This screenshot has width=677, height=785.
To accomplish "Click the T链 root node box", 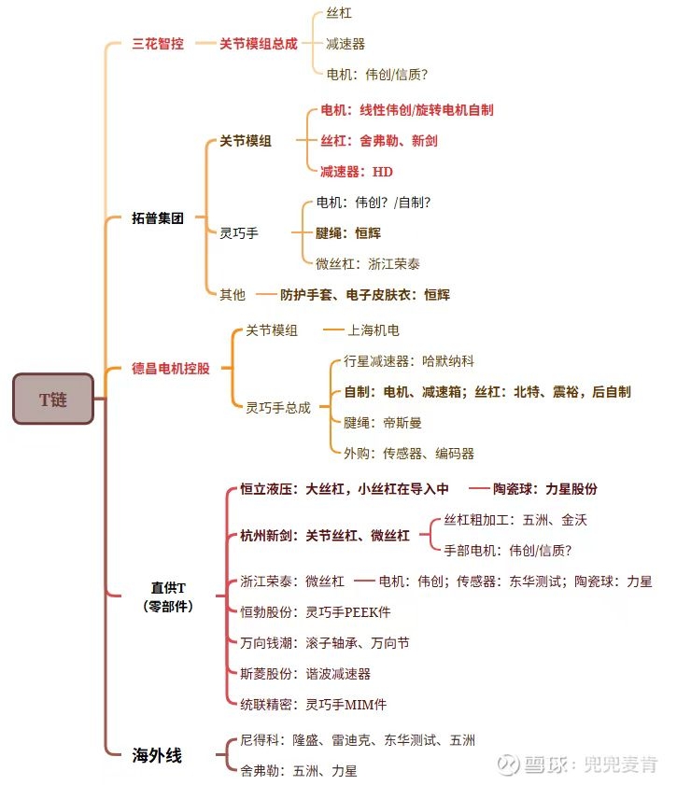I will [53, 400].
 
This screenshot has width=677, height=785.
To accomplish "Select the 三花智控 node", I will [158, 44].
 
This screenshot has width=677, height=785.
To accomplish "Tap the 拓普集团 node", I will [158, 217].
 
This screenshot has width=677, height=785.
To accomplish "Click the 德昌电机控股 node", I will [171, 368].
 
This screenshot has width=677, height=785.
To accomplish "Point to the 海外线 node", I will [157, 755].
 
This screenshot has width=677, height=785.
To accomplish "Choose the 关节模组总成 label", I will [258, 44].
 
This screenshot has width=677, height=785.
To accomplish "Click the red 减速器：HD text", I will [356, 171].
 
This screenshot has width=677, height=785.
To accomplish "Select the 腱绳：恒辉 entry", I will [348, 232].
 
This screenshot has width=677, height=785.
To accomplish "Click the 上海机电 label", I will [374, 330].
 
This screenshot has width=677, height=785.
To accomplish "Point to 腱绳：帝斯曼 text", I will [383, 422].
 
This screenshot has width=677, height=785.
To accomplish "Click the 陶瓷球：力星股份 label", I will [545, 488].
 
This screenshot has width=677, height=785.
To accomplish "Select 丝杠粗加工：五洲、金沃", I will [515, 520].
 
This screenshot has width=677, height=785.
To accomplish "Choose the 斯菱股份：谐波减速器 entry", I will [305, 673].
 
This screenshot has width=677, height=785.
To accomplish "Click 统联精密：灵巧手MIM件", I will [313, 704].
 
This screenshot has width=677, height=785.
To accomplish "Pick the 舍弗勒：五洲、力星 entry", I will [298, 771].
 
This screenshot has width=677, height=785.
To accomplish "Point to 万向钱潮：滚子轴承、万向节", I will [324, 642].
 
